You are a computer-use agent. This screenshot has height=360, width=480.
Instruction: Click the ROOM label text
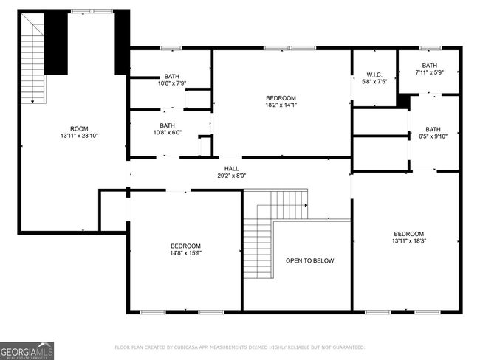point(79,129)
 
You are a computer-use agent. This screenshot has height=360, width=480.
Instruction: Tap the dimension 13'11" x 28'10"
point(79,136)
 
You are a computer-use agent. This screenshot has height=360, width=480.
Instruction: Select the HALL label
point(231,168)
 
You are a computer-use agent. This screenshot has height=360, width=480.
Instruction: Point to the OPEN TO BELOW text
point(310,260)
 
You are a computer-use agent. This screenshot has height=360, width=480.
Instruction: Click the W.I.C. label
point(374,75)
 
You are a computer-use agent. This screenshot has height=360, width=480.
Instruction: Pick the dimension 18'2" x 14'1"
point(281,105)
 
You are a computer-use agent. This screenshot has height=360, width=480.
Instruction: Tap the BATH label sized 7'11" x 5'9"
point(430,66)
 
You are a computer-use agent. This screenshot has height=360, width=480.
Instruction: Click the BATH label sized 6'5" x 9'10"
point(433,129)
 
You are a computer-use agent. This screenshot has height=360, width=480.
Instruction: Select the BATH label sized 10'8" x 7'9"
point(172,76)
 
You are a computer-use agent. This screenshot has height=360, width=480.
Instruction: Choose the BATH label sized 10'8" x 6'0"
point(167,125)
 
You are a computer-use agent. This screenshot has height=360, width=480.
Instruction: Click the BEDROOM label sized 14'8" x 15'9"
point(185,246)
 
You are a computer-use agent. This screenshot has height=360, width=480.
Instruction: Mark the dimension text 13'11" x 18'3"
point(409,240)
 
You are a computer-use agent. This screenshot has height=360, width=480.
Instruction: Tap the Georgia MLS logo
point(27,351)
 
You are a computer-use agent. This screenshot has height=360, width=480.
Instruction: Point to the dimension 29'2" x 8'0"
point(231,176)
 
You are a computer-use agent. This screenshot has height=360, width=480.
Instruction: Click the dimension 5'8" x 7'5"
point(374,82)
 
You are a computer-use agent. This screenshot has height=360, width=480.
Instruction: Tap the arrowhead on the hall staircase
point(306,205)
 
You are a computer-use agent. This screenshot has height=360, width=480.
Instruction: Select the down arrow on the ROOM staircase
point(32,102)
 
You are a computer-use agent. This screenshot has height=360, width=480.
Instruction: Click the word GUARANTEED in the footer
point(349,347)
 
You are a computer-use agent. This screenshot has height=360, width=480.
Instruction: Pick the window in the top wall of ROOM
point(92,11)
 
